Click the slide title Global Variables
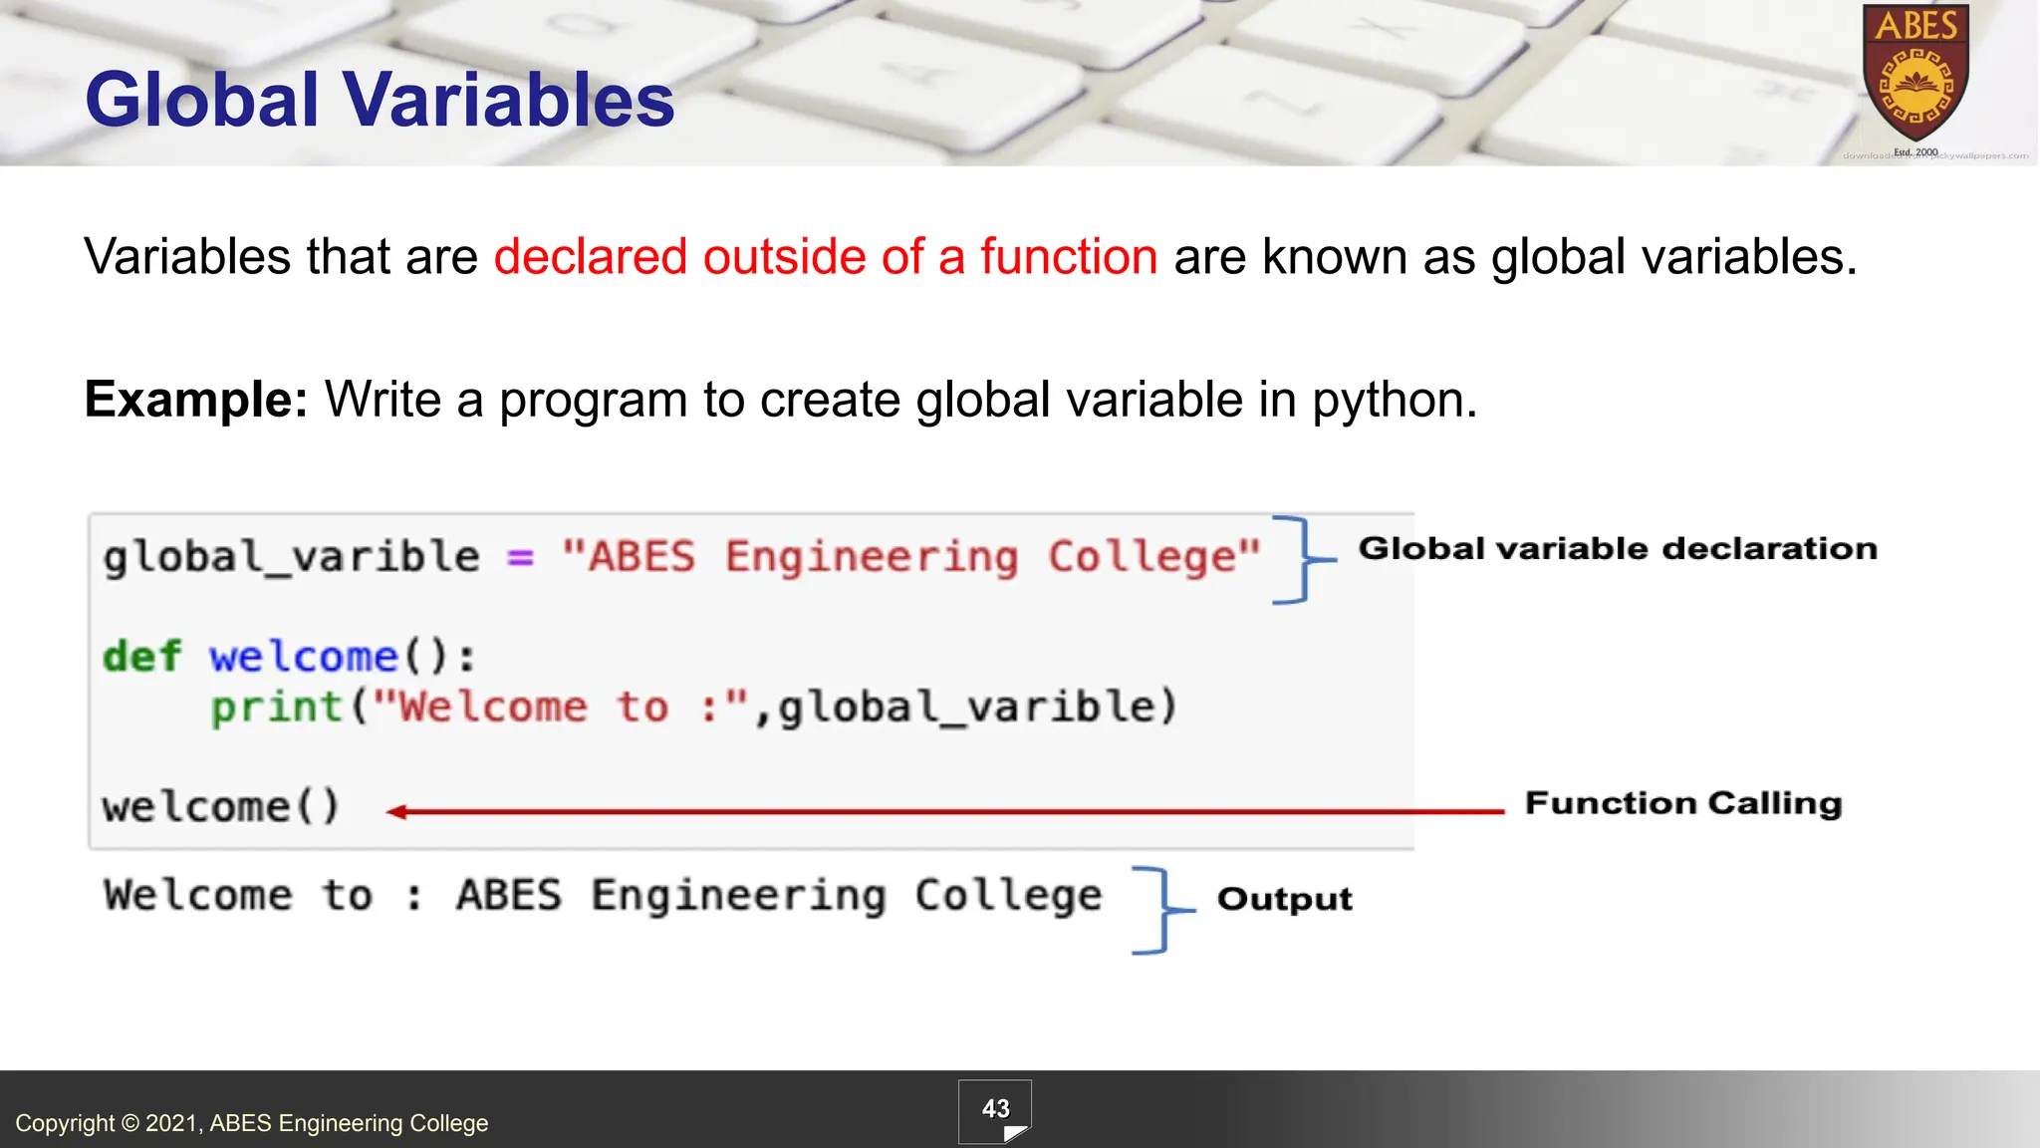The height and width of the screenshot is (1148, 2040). coord(380,101)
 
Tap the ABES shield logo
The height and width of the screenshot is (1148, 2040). coord(1915,76)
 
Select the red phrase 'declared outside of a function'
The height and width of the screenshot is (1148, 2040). coord(825,257)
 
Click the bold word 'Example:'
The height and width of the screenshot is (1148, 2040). coord(196,400)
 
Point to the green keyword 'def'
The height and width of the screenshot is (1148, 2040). coord(141,657)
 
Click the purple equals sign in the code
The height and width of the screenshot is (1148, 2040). coord(520,557)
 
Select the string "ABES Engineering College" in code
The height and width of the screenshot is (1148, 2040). coord(910,557)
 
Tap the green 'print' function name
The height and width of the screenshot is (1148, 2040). coord(277,708)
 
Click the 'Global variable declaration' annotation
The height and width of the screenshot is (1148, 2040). coord(1617,548)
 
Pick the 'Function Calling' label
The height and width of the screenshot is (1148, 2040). coord(1682,803)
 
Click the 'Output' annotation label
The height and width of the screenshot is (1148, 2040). coord(1284,899)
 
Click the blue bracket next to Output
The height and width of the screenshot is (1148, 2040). coord(1156,910)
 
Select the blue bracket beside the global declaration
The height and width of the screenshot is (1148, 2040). coord(1297,559)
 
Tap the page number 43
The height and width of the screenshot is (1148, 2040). coord(995,1109)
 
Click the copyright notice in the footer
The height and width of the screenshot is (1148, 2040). coord(252,1123)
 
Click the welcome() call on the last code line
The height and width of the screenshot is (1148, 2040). coord(221,806)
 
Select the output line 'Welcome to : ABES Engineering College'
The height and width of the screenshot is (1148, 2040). coord(603,896)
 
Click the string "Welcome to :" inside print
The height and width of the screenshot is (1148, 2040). coord(560,708)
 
